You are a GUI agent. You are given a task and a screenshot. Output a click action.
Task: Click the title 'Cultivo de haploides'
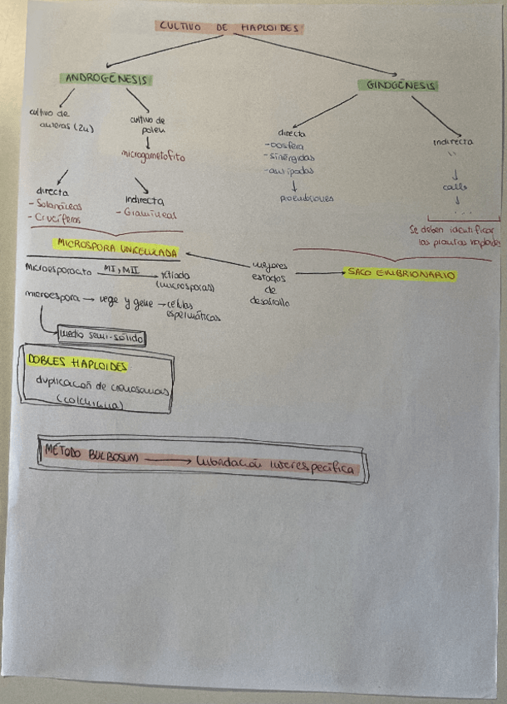click(229, 27)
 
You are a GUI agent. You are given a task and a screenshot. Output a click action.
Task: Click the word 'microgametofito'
click(154, 154)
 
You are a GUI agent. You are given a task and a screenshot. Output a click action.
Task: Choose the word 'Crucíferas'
click(56, 218)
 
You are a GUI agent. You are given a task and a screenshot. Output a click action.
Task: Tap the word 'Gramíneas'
click(149, 213)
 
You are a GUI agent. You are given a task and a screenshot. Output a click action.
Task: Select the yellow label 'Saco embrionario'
click(401, 273)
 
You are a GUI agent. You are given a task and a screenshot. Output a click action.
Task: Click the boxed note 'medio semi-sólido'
click(102, 337)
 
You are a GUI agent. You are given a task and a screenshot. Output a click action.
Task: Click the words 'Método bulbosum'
click(92, 456)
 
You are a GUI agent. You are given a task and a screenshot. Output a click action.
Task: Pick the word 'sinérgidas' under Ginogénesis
click(288, 158)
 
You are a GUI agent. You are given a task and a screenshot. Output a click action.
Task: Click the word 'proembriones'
click(307, 198)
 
